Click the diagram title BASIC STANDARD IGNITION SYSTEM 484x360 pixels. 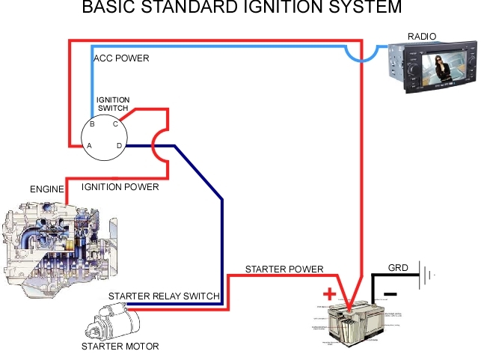click(241, 8)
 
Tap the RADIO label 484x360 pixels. click(422, 36)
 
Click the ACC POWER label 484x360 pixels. click(120, 58)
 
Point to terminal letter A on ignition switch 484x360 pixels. click(90, 145)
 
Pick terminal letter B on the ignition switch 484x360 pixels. click(91, 124)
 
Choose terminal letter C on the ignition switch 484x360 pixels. click(115, 124)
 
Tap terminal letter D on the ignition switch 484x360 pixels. click(117, 145)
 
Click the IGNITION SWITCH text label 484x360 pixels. click(113, 104)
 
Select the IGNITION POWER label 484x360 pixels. click(120, 187)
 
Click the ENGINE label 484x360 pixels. click(46, 189)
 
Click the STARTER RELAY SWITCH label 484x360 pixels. click(164, 296)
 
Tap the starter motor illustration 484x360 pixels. click(112, 322)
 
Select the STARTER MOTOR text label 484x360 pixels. click(120, 347)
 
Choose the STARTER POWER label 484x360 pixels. click(284, 269)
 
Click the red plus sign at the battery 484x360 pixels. click(328, 293)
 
